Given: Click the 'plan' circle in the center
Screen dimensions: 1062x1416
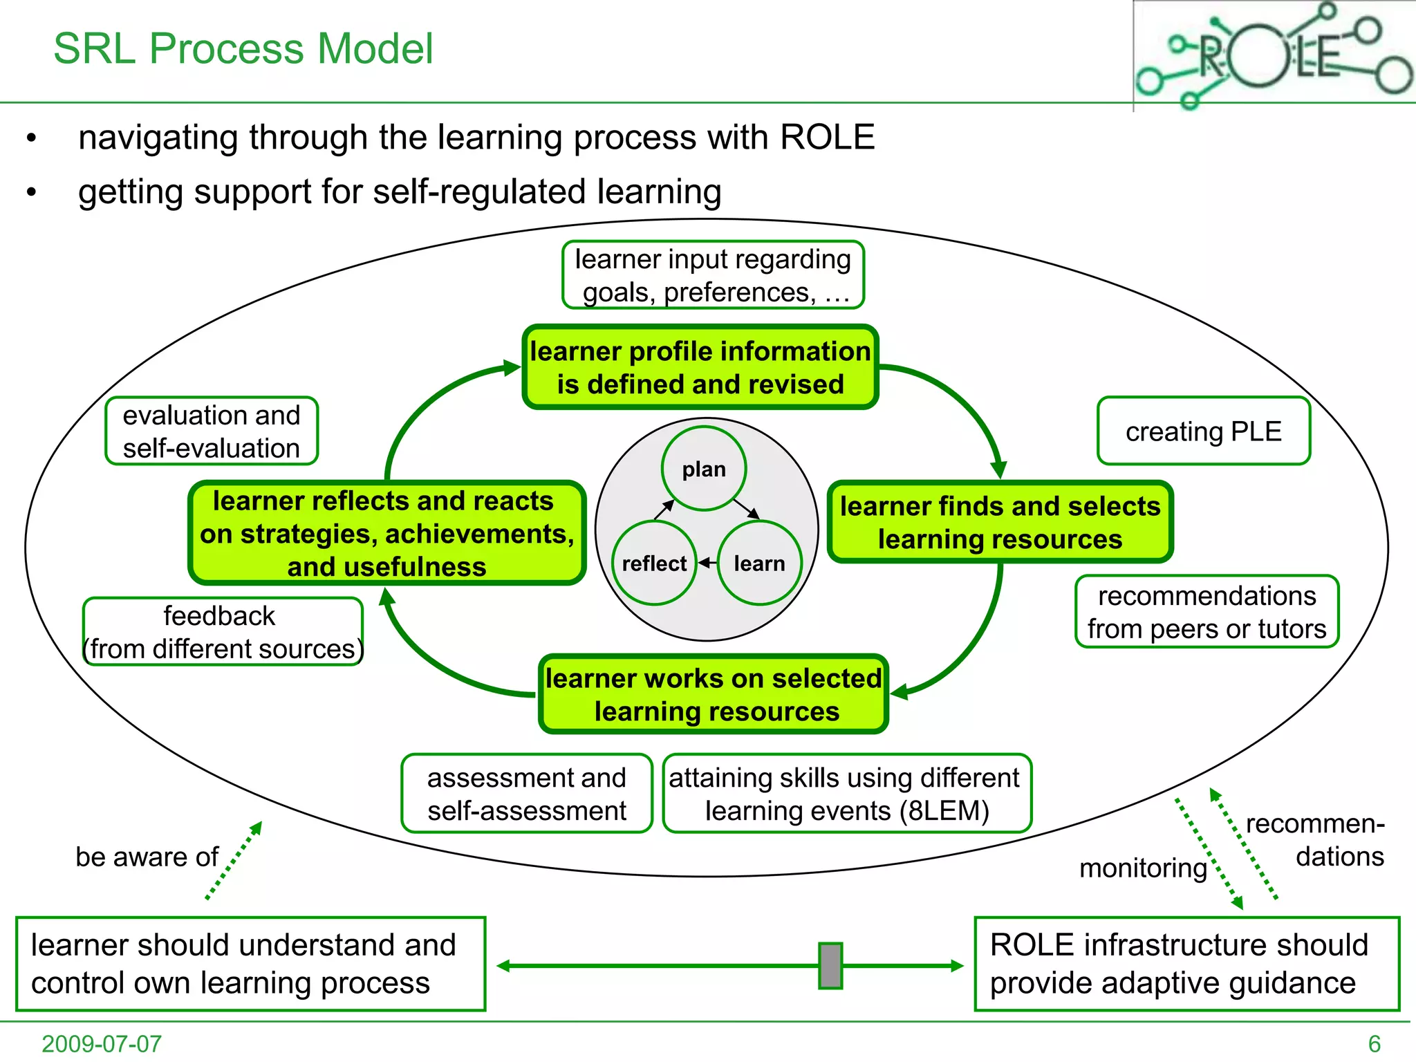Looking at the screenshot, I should [703, 469].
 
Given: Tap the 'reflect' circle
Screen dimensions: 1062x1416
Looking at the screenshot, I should [653, 563].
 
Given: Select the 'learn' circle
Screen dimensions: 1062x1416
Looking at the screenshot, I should [759, 563].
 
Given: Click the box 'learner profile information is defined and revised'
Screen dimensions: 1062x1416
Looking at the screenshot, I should [700, 367].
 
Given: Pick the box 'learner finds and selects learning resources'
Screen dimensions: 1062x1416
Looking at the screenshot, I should [1000, 522].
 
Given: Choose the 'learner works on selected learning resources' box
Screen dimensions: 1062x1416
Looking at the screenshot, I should [714, 694].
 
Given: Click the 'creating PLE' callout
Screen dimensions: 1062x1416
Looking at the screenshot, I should [1203, 431].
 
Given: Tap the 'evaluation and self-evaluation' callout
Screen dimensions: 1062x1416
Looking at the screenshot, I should [212, 431].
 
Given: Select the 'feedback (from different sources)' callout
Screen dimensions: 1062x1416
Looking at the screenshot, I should [223, 632].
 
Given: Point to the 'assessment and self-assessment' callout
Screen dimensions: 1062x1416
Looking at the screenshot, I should [526, 794].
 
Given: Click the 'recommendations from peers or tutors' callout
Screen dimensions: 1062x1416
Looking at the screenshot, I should [1207, 612].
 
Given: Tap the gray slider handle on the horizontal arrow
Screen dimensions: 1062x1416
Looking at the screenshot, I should [830, 965].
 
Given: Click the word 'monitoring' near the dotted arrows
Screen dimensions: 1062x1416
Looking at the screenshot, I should [1143, 867].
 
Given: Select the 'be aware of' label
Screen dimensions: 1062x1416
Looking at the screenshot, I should [147, 857].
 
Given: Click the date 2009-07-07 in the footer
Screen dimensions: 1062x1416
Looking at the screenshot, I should [102, 1043].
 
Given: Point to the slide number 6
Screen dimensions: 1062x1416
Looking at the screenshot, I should [1374, 1043].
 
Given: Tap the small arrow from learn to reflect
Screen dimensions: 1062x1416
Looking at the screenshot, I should [707, 563].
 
